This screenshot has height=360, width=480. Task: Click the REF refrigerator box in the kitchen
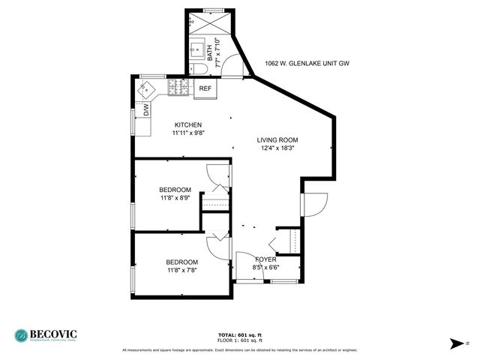tap(205, 88)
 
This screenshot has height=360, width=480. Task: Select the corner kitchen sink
tap(146, 89)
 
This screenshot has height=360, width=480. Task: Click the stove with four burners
tap(178, 88)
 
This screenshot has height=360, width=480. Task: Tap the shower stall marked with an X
tap(203, 21)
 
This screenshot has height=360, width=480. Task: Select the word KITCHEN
tap(188, 125)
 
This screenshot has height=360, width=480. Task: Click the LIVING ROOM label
tap(277, 139)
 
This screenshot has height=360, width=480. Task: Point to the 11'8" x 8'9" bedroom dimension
tap(175, 198)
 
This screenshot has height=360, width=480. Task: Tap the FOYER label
tap(266, 259)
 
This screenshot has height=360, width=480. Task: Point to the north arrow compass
tap(457, 343)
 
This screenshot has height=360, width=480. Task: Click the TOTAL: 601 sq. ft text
tap(239, 334)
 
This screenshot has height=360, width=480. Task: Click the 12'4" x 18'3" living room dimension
tap(277, 148)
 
